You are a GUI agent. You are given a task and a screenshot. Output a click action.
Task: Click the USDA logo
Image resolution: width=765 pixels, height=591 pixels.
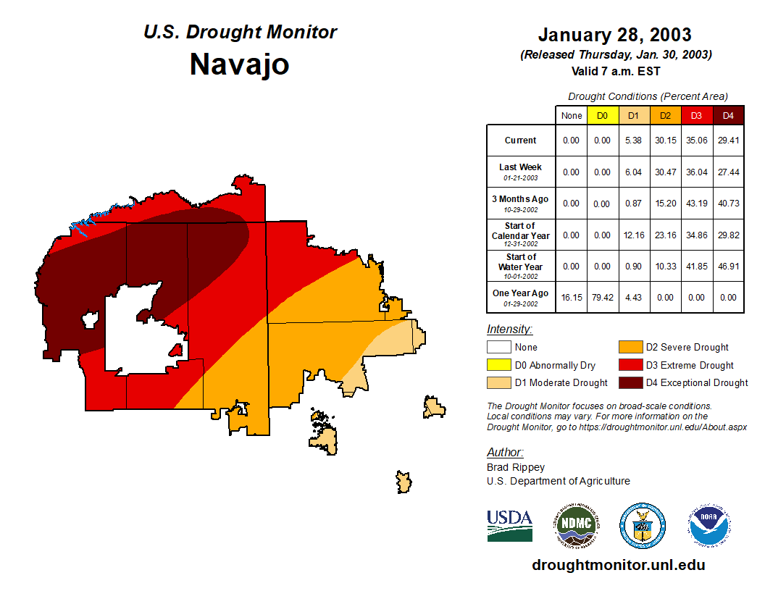509,525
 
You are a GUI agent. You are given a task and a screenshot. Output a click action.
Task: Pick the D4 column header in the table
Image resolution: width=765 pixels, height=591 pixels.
728,115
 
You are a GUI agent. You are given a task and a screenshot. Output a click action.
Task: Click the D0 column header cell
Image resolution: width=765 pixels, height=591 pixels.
602,115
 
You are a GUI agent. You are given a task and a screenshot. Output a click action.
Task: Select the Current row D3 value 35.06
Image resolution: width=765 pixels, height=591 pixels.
696,141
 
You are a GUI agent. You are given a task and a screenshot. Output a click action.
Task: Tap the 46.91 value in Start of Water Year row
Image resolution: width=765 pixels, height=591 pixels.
728,267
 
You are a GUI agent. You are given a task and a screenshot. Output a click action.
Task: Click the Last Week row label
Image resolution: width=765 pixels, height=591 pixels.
520,171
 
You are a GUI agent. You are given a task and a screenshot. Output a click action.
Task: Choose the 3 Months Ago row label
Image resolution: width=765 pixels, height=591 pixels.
520,203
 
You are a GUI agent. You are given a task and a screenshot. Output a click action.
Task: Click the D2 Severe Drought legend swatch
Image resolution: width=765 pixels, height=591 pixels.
630,348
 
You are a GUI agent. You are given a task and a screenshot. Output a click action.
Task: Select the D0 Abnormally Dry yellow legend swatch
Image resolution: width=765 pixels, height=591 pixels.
498,365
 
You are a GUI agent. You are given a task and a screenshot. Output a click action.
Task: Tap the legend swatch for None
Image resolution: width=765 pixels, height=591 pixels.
498,348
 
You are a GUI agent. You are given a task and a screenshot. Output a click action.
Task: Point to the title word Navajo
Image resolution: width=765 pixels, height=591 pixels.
239,64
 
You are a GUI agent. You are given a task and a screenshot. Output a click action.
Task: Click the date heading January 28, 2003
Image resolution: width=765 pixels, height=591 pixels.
614,35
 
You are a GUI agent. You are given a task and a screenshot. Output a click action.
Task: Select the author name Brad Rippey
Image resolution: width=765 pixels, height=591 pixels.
516,467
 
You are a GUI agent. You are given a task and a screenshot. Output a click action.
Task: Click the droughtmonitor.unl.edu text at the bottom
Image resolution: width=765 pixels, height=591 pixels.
618,565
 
